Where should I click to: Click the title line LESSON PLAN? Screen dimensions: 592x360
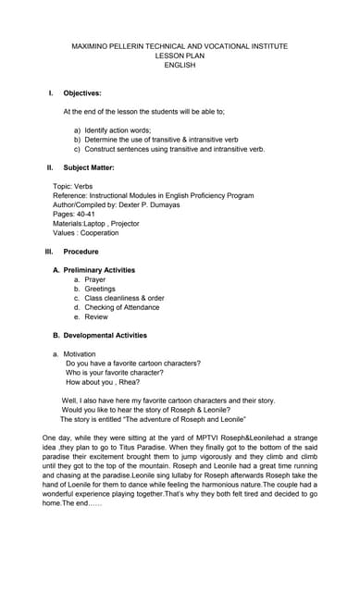tap(180, 55)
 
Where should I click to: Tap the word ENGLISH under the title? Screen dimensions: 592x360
tap(180, 65)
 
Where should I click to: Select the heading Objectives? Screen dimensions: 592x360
tap(82, 93)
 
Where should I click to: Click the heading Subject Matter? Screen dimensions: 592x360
tap(89, 167)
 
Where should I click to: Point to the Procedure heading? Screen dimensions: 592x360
tap(81, 252)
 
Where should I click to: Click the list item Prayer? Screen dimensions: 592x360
tap(95, 279)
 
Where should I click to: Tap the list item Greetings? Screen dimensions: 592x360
tap(100, 289)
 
